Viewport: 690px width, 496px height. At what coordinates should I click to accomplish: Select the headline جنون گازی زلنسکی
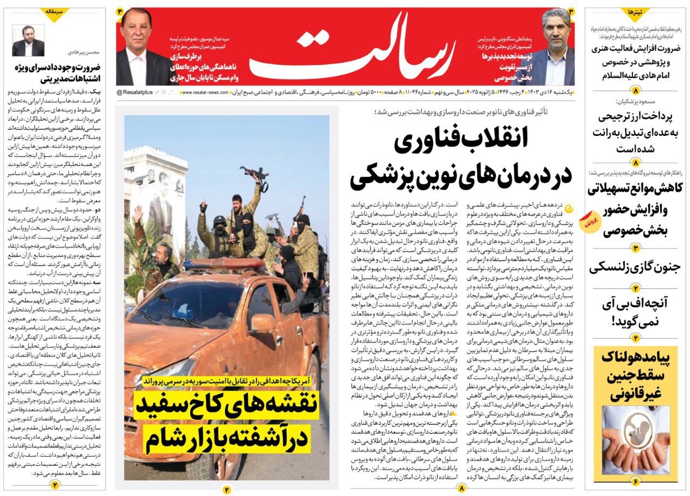[x=634, y=267]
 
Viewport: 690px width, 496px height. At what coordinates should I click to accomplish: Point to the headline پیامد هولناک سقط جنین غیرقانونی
[x=634, y=375]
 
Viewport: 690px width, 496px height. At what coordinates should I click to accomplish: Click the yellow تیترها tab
[x=634, y=12]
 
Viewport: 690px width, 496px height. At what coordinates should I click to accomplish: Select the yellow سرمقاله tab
[x=56, y=12]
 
